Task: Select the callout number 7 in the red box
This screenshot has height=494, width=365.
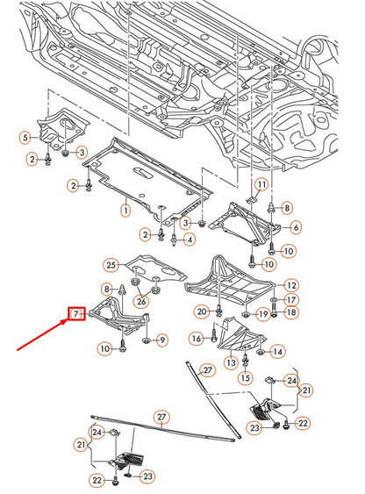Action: point(76,312)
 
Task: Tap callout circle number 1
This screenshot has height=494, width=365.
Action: point(125,211)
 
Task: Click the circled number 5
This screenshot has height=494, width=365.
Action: point(25,136)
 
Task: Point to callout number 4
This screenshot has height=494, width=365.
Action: point(190,240)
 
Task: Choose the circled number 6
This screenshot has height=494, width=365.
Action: point(296,227)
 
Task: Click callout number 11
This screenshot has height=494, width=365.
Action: point(261,183)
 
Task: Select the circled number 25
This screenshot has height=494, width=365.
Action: point(111,264)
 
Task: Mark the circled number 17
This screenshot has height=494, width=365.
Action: point(290,299)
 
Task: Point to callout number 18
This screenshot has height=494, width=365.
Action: point(290,312)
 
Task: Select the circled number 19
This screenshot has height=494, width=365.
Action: point(261,314)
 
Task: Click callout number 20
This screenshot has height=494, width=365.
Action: point(201,311)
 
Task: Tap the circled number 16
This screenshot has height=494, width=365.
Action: point(196,338)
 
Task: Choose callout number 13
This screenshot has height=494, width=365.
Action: point(232,362)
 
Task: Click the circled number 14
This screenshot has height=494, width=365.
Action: point(278,352)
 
